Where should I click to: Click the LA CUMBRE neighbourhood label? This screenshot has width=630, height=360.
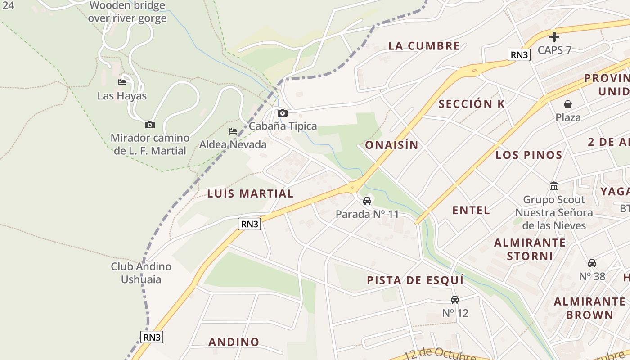tap(424, 46)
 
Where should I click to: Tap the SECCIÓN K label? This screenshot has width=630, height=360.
tap(472, 104)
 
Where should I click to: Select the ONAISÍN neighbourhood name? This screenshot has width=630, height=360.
tap(391, 145)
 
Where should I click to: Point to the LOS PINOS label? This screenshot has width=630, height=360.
tap(529, 155)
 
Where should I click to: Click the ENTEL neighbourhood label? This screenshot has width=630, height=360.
tap(471, 210)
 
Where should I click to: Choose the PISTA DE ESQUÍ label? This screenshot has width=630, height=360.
tap(415, 280)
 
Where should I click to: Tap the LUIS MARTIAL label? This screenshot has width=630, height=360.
tap(250, 194)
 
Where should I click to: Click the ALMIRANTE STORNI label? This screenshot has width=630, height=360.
tap(530, 249)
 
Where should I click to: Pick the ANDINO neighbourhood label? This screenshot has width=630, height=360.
tap(234, 342)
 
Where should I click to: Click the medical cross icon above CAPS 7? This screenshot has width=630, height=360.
tap(554, 37)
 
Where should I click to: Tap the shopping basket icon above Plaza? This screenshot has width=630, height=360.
tap(568, 104)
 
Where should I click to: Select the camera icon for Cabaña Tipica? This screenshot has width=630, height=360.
tap(283, 113)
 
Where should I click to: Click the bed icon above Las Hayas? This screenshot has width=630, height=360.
tap(122, 82)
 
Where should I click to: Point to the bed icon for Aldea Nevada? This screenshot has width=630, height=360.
tap(233, 131)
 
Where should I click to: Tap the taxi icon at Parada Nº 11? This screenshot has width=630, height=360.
tap(367, 201)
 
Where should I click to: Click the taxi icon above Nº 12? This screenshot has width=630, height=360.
tap(455, 300)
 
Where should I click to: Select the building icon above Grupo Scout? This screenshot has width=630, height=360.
tap(554, 186)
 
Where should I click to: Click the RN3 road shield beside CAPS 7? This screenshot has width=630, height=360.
tap(519, 55)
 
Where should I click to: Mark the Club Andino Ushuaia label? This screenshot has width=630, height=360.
tap(141, 273)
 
